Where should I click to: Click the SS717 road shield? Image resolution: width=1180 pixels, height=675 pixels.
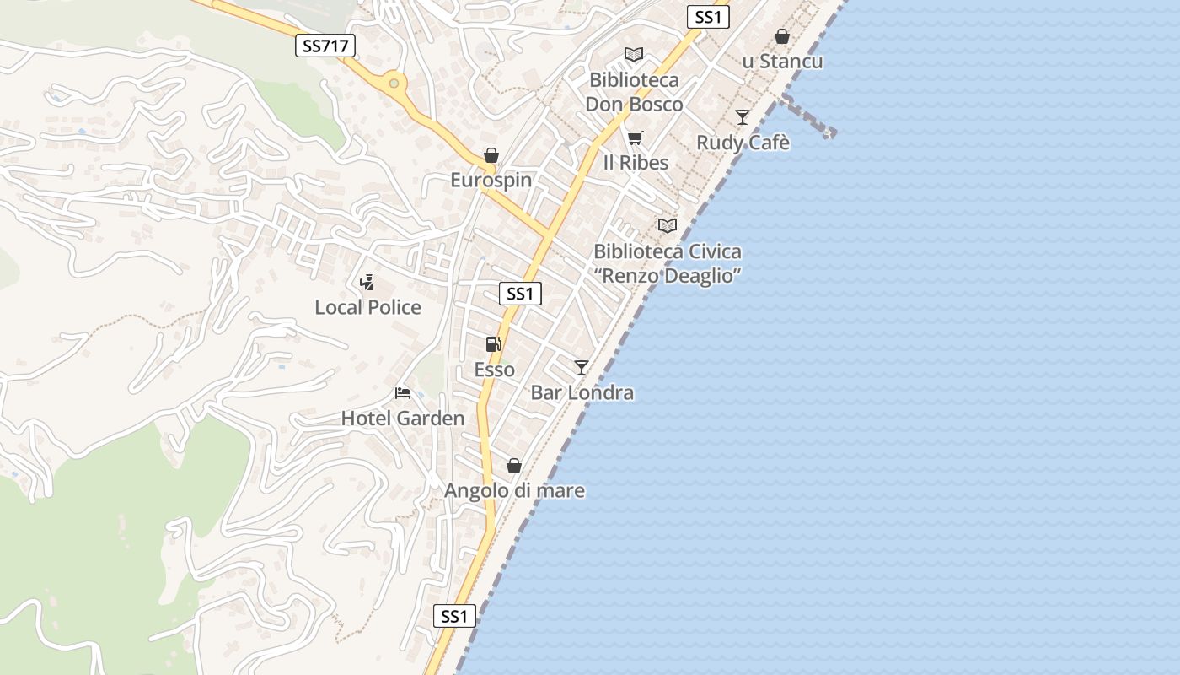point(324,46)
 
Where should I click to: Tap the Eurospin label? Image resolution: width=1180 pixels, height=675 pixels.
point(491,180)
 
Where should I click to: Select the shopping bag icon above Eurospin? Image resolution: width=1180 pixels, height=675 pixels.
point(491,155)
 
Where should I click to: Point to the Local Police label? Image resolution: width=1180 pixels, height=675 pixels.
point(367,307)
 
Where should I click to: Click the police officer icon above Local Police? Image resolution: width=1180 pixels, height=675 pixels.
point(367,283)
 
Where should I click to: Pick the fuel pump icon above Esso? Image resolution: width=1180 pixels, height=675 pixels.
point(494,344)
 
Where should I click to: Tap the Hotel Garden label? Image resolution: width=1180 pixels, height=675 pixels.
point(402,418)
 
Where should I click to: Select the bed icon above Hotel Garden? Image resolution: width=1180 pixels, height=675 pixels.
point(403,393)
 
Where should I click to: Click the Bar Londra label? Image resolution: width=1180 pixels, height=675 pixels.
point(582,392)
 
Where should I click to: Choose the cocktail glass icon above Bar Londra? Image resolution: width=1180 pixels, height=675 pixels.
point(581,367)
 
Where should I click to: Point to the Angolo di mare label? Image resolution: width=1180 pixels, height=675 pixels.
point(514,490)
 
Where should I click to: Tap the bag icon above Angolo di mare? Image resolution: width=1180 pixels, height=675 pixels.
point(513,466)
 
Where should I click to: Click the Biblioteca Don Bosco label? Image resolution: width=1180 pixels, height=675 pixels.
point(634,92)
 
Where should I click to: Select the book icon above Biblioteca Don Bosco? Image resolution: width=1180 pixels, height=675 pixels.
point(634,55)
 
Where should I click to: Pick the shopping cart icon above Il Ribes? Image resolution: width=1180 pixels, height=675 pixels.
point(635,138)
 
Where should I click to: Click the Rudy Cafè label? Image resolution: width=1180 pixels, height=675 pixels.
point(743,143)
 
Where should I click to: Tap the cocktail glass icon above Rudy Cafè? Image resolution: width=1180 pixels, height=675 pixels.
point(742,117)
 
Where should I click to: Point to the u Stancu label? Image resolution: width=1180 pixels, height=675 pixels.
point(782,62)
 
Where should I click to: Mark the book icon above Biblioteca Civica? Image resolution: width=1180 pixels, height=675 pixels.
point(668,226)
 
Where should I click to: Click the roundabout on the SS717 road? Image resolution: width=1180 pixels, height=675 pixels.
point(393,84)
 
